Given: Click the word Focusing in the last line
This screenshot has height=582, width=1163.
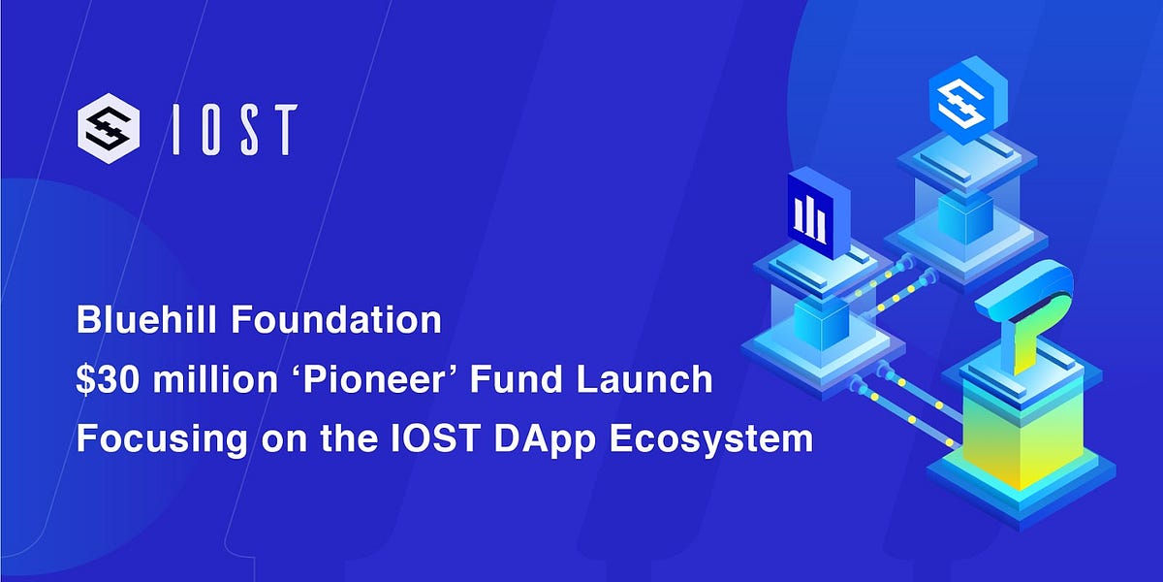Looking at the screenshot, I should tap(152, 438).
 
